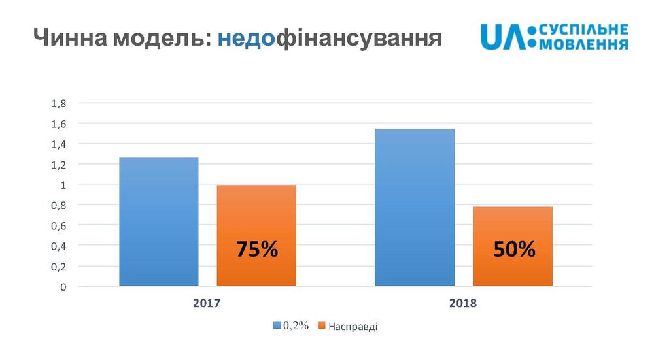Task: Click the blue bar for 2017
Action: tap(158, 222)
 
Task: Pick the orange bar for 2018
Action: tap(513, 229)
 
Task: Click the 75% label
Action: tap(256, 250)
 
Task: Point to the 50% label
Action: tap(513, 250)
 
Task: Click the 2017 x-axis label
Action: tap(207, 304)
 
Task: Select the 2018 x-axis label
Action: tap(463, 304)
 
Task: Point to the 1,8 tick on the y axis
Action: tap(58, 103)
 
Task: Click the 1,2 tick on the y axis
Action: tap(58, 165)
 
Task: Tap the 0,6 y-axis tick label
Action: tap(58, 225)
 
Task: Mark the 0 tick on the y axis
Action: tap(63, 287)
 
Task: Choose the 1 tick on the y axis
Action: tap(63, 185)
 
